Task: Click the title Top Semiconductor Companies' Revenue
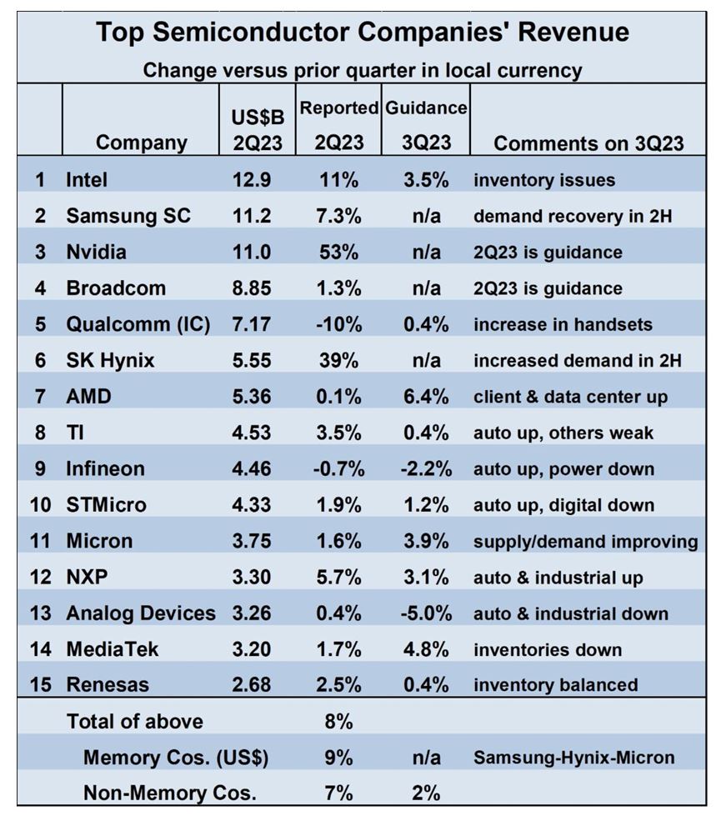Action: tap(362, 33)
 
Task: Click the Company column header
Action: tap(142, 143)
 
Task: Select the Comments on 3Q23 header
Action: tap(588, 143)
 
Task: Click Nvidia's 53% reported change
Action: tap(338, 252)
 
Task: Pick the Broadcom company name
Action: tap(116, 288)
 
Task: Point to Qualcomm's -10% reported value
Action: tap(338, 324)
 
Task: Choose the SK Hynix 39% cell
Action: tap(338, 361)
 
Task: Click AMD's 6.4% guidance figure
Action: tap(426, 397)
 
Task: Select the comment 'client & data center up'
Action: tap(570, 397)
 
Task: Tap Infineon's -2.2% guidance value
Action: tap(426, 469)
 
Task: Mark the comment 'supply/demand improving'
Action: tap(585, 542)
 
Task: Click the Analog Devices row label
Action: tap(140, 613)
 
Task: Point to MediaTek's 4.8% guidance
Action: tap(426, 649)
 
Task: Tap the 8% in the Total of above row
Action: tap(338, 722)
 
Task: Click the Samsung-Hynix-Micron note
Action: tap(573, 758)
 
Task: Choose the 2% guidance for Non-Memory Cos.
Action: tap(426, 793)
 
